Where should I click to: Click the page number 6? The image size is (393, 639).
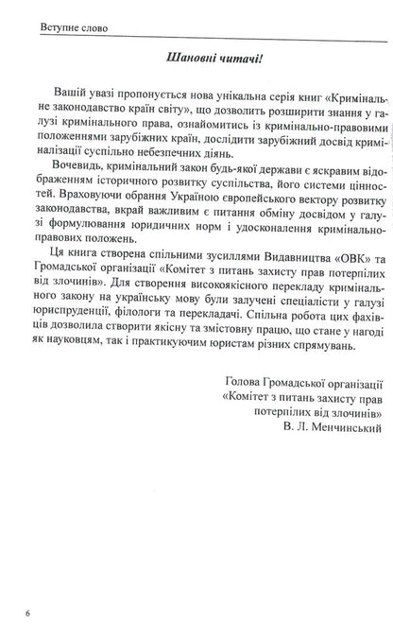pos(29,614)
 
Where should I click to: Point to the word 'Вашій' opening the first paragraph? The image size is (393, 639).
pos(63,98)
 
